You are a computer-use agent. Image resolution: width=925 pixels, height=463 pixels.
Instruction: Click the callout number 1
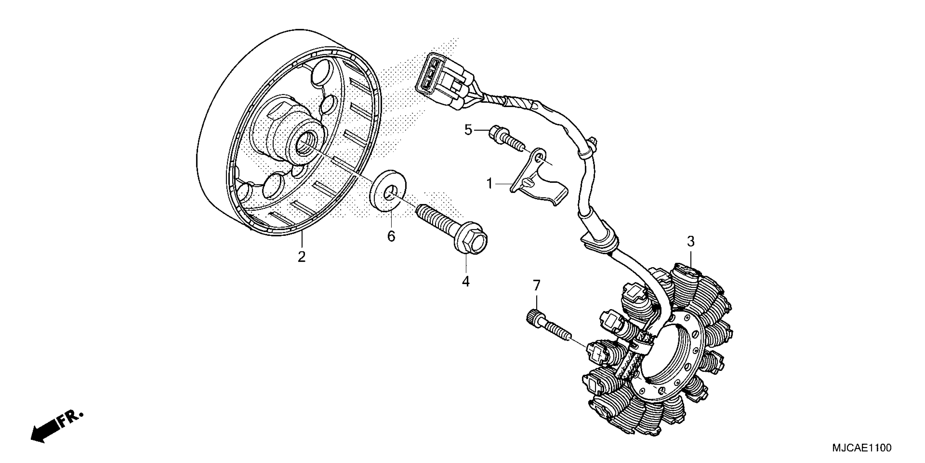tap(489, 184)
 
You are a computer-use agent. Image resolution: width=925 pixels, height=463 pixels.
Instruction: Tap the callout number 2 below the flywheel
tap(302, 257)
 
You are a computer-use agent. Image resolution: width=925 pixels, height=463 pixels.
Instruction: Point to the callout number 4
tap(466, 281)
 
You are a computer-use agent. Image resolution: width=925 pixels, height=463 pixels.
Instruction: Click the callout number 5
tap(468, 130)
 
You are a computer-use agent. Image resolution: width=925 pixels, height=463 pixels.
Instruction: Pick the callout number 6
tap(391, 236)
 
